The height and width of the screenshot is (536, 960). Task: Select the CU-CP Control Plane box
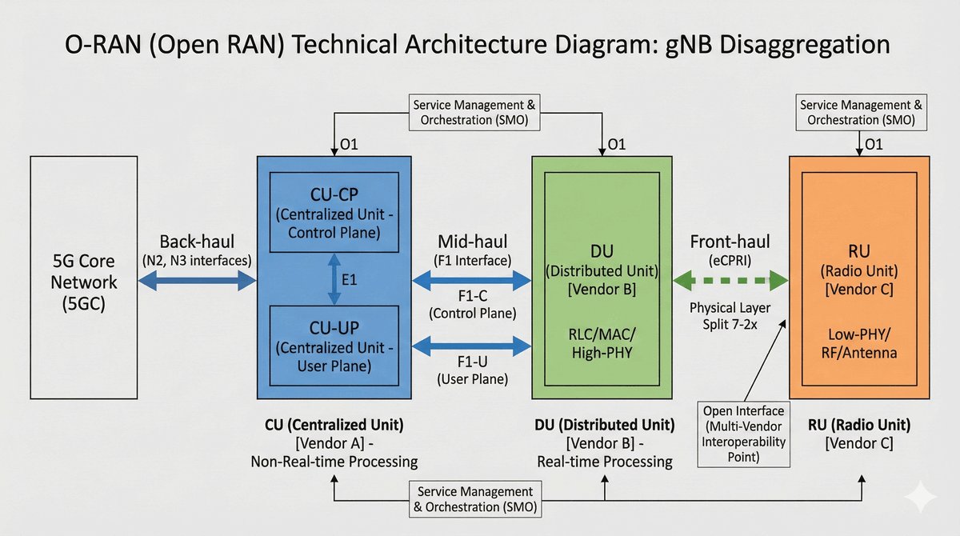tap(334, 210)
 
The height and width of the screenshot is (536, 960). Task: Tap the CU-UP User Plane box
tap(334, 346)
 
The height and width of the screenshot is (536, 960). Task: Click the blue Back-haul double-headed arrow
tap(197, 280)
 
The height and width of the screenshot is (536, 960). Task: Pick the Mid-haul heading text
tap(472, 242)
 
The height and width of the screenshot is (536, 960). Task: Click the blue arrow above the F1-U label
tap(472, 346)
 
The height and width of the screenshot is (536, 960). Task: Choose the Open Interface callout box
tap(743, 434)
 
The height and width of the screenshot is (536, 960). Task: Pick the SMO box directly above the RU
tap(861, 113)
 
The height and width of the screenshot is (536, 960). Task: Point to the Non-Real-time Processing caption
tap(334, 462)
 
